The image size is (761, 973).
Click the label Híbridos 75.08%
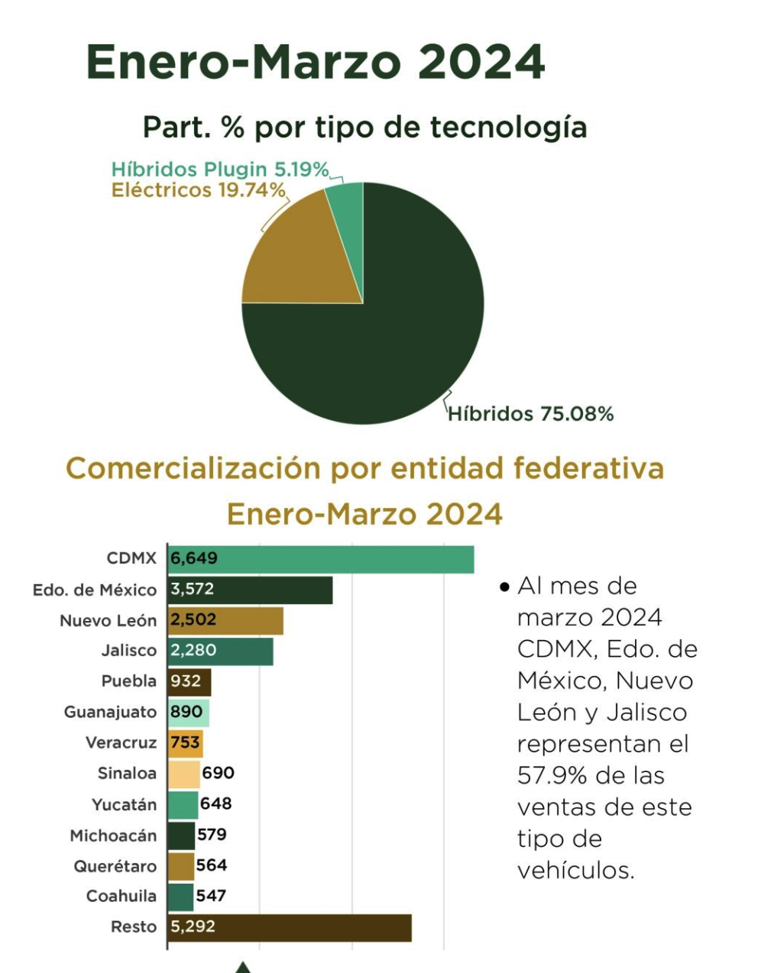point(530,414)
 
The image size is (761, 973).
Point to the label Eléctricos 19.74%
point(199,190)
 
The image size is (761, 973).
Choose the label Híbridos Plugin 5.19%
point(220,170)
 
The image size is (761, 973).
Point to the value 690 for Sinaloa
point(218,773)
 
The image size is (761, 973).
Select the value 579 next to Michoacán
point(212,835)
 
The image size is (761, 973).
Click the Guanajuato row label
point(110,712)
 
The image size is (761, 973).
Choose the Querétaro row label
point(115,866)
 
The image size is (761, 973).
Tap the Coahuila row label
point(121,896)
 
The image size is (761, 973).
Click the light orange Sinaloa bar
point(183,774)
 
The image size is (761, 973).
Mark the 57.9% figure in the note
point(552,775)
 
